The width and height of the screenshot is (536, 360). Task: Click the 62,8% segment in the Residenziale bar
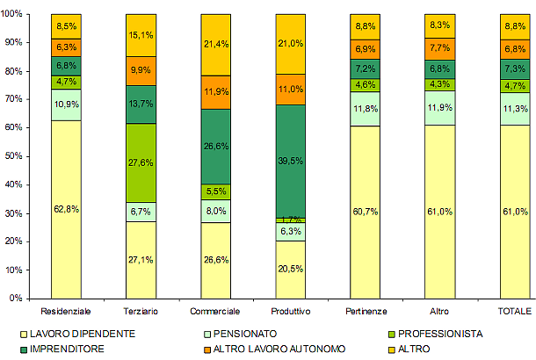click(x=66, y=209)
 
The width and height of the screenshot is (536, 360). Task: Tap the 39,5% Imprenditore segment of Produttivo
click(x=290, y=161)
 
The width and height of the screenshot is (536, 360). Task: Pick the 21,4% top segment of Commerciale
click(x=215, y=44)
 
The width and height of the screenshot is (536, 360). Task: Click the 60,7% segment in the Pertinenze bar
click(x=365, y=212)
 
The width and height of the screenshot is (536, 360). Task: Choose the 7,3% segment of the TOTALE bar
click(x=514, y=68)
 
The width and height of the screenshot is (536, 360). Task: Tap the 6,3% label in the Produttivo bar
click(x=290, y=232)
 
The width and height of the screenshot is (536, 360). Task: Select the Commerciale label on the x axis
click(x=215, y=312)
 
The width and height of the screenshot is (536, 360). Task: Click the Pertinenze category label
click(x=365, y=312)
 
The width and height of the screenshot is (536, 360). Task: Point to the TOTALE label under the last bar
click(x=514, y=312)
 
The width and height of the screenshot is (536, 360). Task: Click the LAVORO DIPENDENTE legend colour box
click(x=23, y=335)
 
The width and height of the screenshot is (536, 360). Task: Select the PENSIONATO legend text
click(x=244, y=335)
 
